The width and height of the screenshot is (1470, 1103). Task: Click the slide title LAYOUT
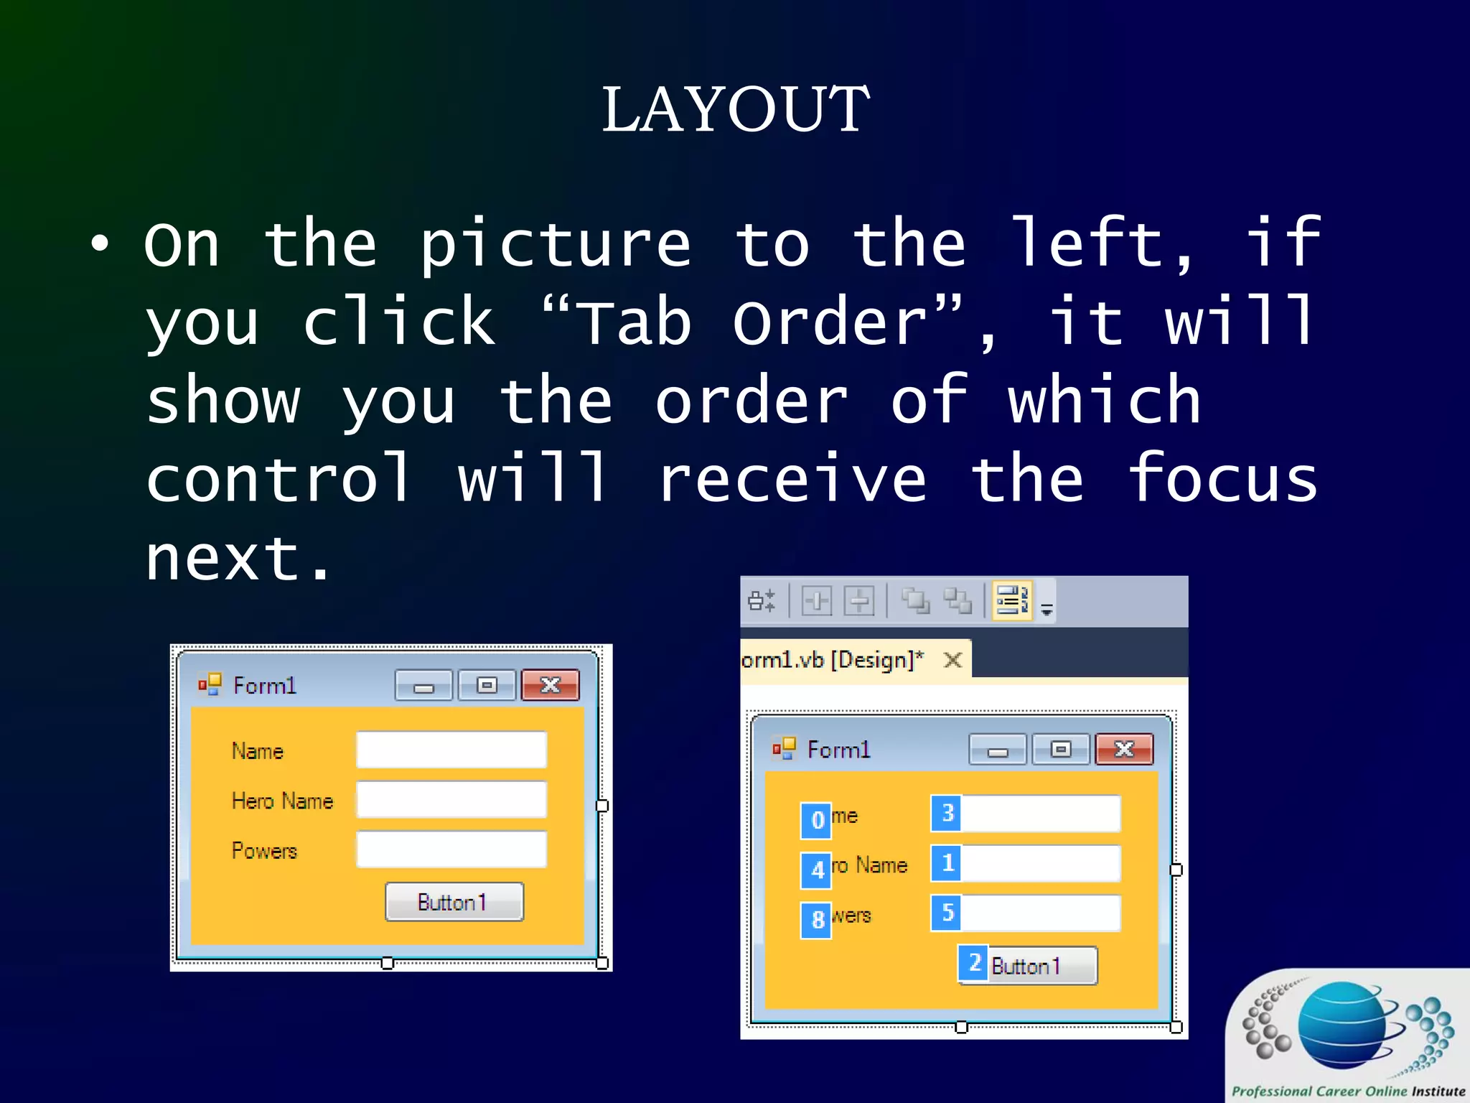click(735, 109)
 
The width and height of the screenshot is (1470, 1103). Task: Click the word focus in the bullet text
click(1222, 478)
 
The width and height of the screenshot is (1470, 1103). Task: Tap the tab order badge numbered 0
click(816, 820)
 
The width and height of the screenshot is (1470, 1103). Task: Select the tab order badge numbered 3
click(947, 813)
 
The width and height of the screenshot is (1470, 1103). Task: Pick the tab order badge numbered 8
click(816, 920)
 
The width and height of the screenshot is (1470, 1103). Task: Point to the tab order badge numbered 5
click(947, 913)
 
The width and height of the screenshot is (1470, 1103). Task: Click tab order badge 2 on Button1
click(973, 963)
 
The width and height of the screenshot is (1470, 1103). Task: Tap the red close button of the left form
click(550, 685)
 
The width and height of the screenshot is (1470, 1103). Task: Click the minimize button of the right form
click(997, 750)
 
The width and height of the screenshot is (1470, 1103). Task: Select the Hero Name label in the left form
click(282, 801)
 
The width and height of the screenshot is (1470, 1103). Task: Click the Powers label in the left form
click(264, 851)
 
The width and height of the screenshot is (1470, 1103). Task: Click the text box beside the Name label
click(451, 750)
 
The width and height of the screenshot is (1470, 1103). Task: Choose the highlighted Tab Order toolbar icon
click(1011, 600)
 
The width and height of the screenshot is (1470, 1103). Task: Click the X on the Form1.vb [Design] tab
click(952, 660)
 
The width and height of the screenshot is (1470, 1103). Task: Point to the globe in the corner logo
click(1342, 1027)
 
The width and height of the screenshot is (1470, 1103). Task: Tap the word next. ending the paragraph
click(237, 559)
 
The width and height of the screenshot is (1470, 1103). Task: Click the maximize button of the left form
click(487, 685)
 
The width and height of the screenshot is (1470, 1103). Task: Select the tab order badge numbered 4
click(816, 870)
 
